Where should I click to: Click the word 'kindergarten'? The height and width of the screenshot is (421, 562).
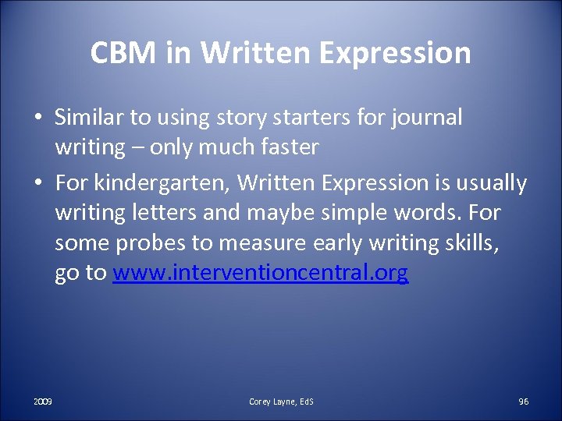click(162, 183)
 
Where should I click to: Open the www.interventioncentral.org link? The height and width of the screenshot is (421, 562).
click(260, 274)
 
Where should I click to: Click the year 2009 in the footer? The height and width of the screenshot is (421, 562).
click(43, 401)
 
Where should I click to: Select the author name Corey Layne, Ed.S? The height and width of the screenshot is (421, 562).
click(281, 401)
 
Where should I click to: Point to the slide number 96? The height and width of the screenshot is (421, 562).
click(523, 401)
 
